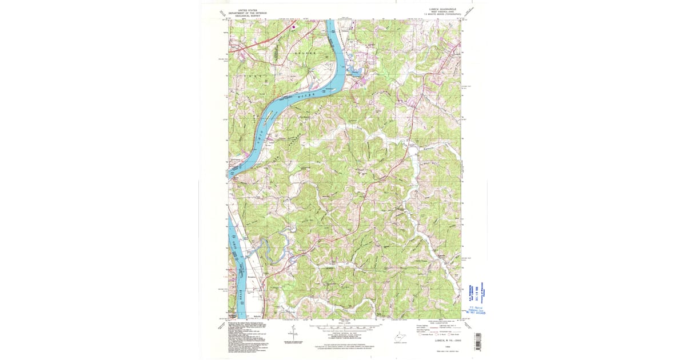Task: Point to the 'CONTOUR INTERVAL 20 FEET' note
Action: point(344,333)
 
